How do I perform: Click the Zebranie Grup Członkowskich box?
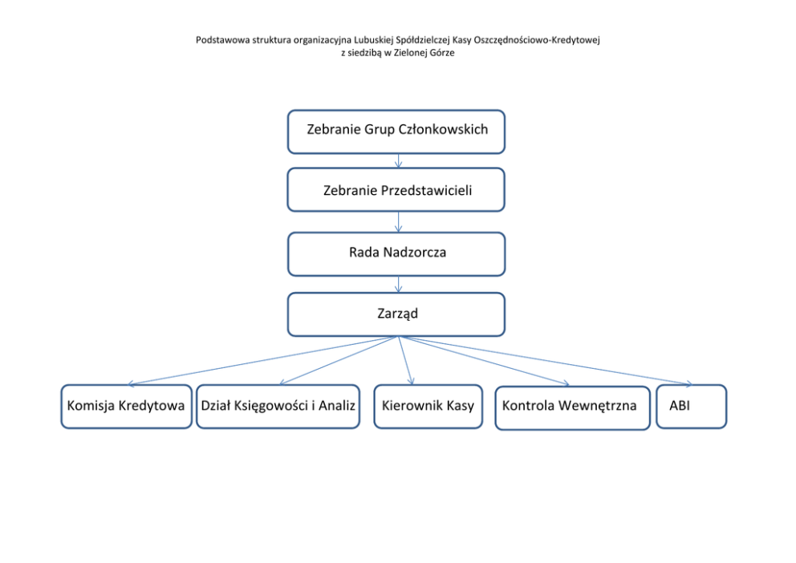click(396, 132)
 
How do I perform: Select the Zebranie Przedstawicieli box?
click(396, 190)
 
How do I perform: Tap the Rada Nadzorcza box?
click(396, 254)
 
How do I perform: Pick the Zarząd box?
click(396, 314)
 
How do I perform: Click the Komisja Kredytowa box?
click(127, 407)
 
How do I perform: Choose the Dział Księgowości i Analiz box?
click(278, 407)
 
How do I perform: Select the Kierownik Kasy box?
click(428, 407)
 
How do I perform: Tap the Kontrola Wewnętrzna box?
click(573, 407)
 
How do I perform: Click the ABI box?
click(692, 407)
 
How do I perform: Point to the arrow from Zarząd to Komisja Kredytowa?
click(263, 361)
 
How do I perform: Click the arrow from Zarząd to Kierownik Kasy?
click(405, 360)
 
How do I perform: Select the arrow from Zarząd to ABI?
click(545, 361)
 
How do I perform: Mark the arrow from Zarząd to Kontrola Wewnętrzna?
click(484, 361)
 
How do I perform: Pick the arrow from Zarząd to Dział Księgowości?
click(339, 360)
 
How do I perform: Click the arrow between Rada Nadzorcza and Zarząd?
click(399, 285)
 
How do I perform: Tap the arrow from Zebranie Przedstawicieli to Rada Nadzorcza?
click(399, 222)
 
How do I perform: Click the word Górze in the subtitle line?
click(443, 53)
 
